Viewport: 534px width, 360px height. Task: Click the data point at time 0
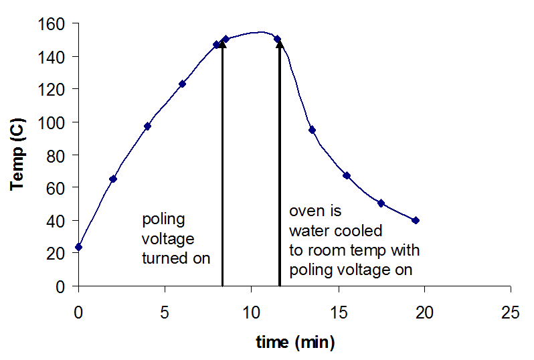point(79,247)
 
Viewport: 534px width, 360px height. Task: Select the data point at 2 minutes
point(113,179)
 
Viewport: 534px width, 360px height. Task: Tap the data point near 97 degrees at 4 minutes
point(147,126)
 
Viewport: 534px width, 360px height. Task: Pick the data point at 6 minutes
point(182,84)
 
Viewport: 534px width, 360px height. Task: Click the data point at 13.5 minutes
point(312,130)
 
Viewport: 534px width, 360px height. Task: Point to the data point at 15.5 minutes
point(347,175)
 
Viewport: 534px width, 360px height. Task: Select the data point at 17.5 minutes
point(381,203)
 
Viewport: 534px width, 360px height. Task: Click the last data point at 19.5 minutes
point(416,220)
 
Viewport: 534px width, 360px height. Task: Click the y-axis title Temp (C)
point(18,155)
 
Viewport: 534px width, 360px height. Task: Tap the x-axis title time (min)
point(294,343)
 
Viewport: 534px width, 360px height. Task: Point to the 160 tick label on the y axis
point(51,23)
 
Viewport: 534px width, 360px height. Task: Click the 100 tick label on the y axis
point(51,122)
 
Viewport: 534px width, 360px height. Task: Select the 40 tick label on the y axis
point(55,220)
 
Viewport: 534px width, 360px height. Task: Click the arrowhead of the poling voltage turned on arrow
point(222,45)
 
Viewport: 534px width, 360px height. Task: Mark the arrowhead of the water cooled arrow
point(279,45)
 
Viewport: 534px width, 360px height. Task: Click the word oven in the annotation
point(305,211)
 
